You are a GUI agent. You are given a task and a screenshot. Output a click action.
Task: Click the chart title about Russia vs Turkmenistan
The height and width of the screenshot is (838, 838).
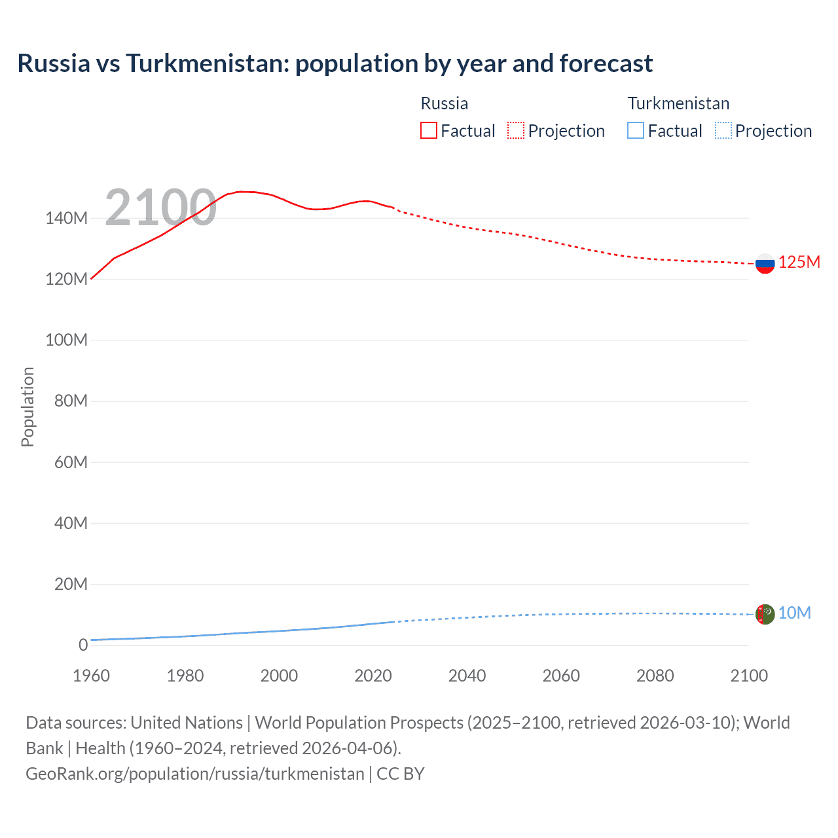[x=335, y=64]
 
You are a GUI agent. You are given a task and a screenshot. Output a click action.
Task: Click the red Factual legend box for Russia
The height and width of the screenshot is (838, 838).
[x=428, y=130]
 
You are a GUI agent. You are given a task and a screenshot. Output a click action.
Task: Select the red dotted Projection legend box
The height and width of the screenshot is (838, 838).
[x=516, y=130]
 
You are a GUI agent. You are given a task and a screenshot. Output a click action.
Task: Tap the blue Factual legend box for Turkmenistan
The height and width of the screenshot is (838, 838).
[x=636, y=130]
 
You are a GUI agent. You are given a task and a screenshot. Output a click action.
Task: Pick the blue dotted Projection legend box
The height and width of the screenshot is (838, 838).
[x=723, y=130]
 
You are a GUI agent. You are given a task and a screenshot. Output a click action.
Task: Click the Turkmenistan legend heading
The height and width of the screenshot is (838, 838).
[x=678, y=103]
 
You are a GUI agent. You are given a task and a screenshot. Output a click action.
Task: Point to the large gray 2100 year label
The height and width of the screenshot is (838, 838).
[x=160, y=208]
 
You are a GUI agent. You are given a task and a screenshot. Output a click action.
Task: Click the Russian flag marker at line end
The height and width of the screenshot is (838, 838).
[x=765, y=263]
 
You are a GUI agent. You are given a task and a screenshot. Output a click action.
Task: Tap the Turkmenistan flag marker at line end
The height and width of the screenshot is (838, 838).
[x=765, y=614]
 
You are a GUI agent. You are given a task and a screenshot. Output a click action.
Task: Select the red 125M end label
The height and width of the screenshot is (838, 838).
[x=799, y=262]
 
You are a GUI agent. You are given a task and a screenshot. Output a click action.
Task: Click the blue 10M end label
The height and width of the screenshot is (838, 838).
[x=794, y=613]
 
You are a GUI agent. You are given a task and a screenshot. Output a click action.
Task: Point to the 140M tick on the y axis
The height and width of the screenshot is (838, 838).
[x=66, y=218]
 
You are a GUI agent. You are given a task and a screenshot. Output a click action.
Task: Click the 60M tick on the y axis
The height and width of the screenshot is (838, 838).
[x=71, y=462]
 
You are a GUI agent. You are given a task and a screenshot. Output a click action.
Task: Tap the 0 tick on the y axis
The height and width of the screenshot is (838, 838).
[x=83, y=645]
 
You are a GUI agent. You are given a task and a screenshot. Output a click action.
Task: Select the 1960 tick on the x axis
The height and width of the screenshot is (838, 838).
[x=91, y=676]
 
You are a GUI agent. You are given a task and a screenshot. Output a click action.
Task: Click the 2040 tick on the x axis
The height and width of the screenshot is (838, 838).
[x=467, y=676]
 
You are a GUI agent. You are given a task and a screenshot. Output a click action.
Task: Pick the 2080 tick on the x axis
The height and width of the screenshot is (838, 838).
[x=655, y=676]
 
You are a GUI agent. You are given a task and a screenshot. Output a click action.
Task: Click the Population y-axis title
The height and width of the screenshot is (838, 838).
[x=27, y=407]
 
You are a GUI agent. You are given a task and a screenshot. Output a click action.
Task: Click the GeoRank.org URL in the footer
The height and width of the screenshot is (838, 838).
[x=194, y=774]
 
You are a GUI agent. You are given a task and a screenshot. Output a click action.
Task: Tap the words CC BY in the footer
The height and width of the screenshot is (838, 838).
[x=401, y=774]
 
